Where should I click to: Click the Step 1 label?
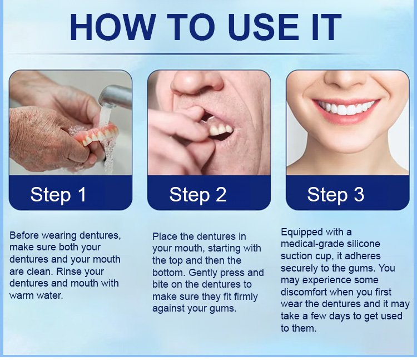58,194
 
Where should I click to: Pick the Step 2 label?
197,194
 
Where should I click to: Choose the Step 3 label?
335,194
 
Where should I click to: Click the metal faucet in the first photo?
115,95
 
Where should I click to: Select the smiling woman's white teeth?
345,108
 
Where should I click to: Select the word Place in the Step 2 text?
165,236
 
